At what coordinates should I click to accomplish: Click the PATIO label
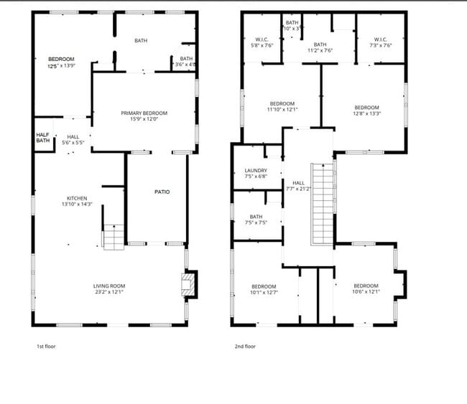162,192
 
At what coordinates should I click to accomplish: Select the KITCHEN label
77,198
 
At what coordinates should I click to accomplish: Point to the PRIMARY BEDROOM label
144,113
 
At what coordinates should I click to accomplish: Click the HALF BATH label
43,137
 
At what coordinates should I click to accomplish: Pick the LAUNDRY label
256,170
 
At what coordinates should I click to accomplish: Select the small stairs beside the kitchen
114,237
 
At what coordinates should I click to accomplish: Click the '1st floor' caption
46,347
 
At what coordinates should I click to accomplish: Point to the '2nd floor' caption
245,347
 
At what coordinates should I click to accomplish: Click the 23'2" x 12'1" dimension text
109,291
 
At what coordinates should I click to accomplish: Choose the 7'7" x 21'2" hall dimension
297,189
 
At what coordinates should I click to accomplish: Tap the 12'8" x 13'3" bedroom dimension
366,113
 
